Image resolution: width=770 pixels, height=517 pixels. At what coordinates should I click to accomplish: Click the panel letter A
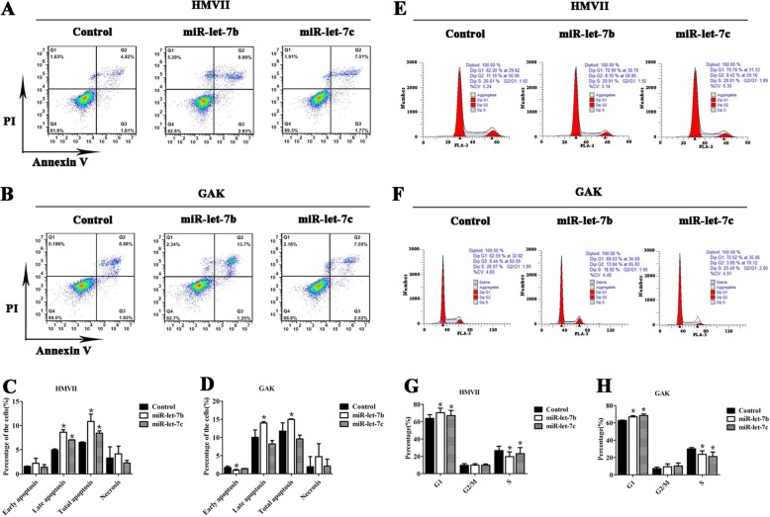[x=10, y=8]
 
